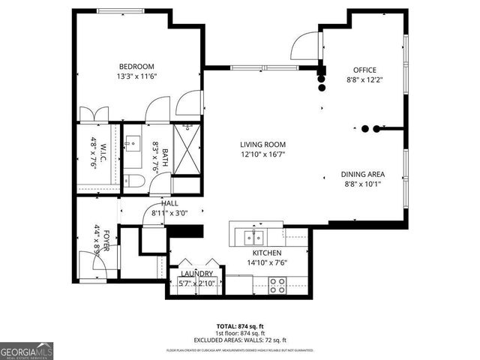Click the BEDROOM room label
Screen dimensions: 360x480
(x=136, y=65)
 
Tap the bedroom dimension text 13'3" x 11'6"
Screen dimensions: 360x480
(x=136, y=76)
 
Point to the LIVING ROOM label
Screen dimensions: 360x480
(x=262, y=145)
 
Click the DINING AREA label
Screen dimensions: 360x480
(x=363, y=174)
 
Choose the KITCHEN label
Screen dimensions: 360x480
(x=266, y=253)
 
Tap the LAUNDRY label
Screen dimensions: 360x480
(x=197, y=274)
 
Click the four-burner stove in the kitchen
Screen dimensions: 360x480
(x=277, y=284)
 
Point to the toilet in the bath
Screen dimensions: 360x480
(x=134, y=180)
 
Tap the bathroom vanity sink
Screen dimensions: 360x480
(x=134, y=142)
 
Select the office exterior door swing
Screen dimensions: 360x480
(x=304, y=46)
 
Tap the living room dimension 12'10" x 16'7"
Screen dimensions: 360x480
(x=262, y=155)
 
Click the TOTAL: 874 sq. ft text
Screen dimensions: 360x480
(x=239, y=326)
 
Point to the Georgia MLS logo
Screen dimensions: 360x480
(x=26, y=349)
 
